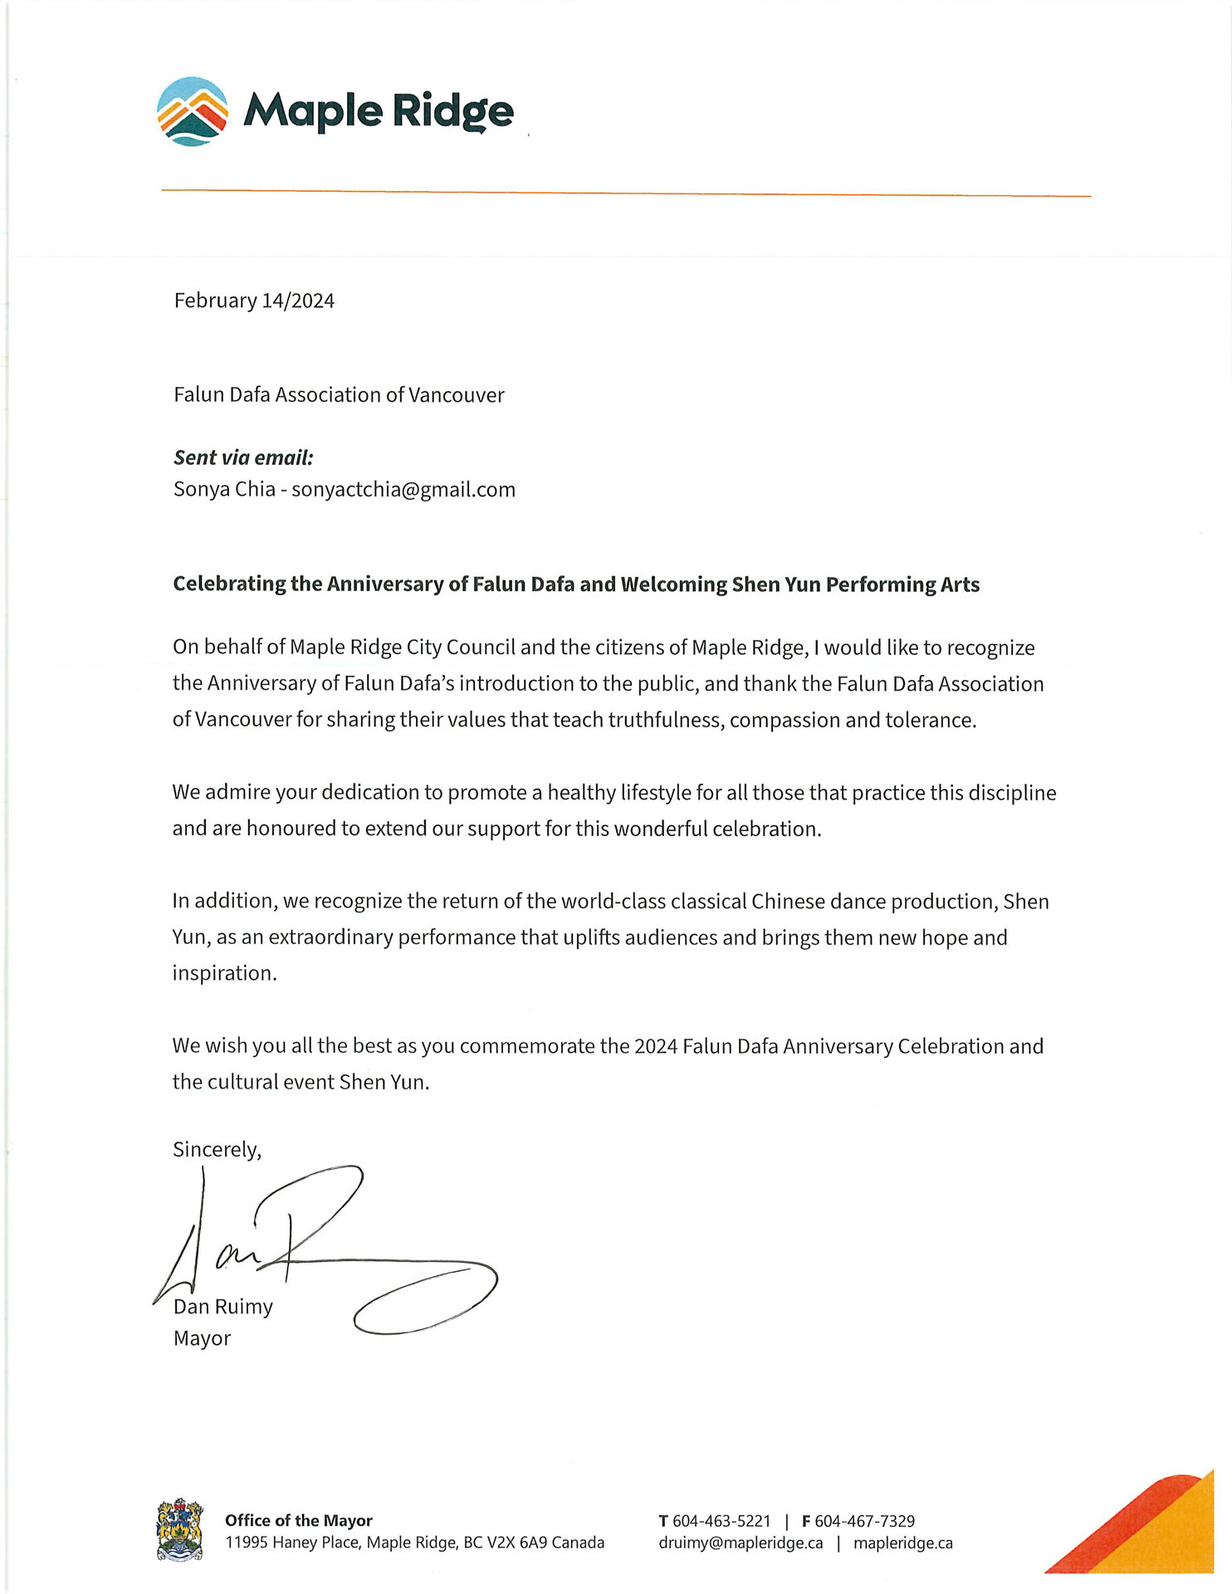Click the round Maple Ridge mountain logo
(x=193, y=111)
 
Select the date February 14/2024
(x=254, y=301)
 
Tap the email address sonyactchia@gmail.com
(x=403, y=490)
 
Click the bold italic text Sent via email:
(x=243, y=457)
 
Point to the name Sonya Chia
(x=224, y=490)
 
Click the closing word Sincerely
(x=215, y=1150)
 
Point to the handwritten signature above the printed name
(x=324, y=1245)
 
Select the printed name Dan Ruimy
(x=223, y=1307)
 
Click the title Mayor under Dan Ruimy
(x=202, y=1338)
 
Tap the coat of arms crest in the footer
(x=180, y=1530)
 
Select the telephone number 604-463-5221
(x=721, y=1521)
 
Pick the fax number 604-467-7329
(x=864, y=1521)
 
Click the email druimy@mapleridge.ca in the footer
(x=741, y=1543)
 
